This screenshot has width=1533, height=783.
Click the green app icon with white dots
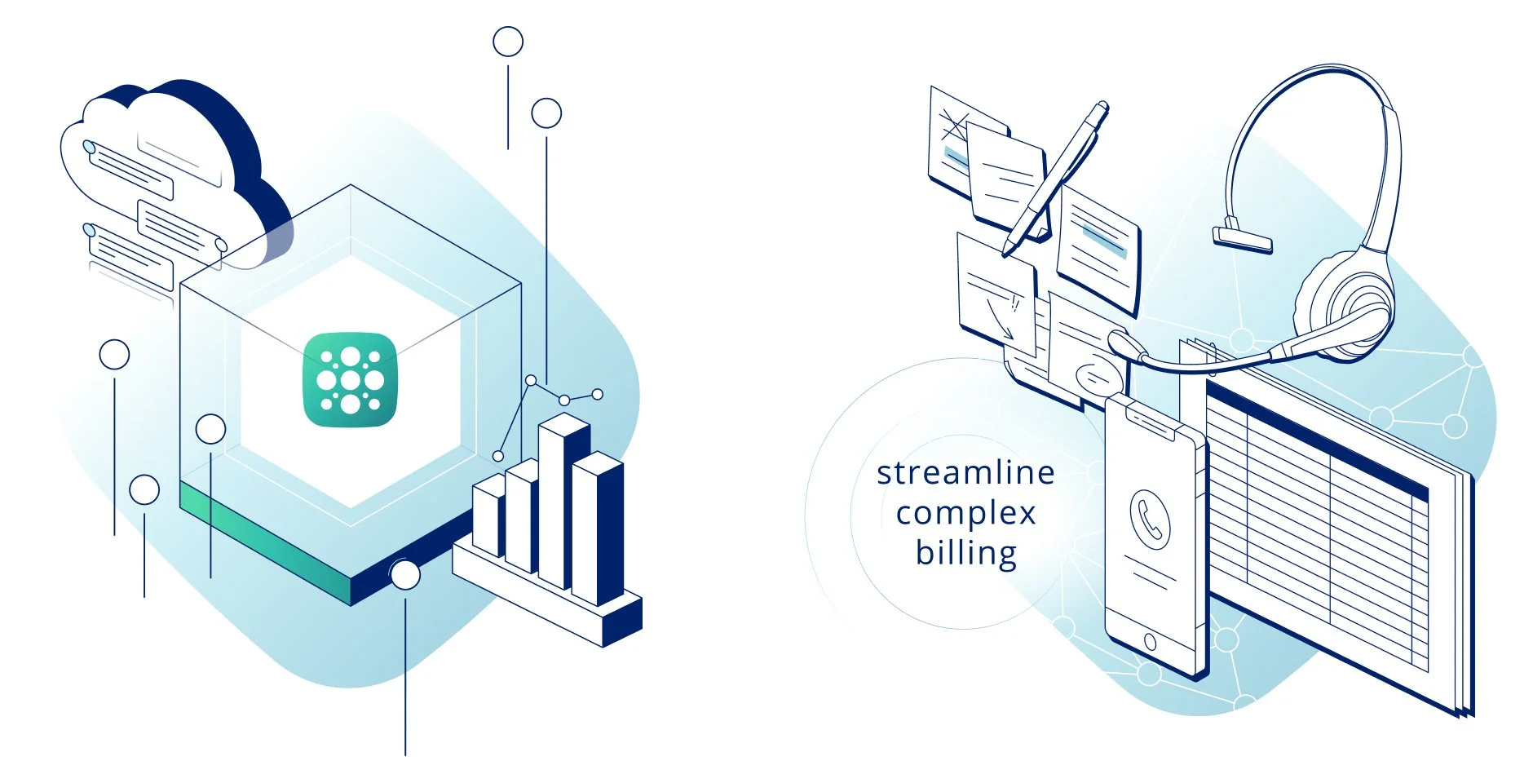(350, 379)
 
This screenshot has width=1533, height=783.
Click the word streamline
(965, 473)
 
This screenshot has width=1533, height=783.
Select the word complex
(965, 513)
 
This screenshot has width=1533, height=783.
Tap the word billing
(965, 553)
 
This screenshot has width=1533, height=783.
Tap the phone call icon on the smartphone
(1150, 519)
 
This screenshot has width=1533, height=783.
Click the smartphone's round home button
(1150, 641)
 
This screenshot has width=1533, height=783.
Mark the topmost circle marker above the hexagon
(508, 42)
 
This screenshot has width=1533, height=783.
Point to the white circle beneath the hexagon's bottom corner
(405, 574)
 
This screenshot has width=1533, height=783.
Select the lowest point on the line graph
(498, 456)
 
